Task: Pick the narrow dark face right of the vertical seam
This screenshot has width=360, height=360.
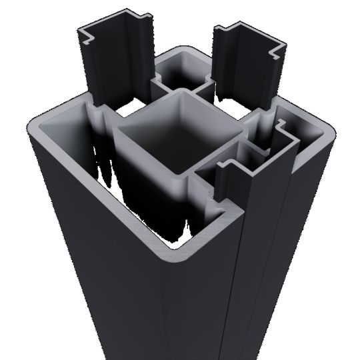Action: click(x=263, y=267)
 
